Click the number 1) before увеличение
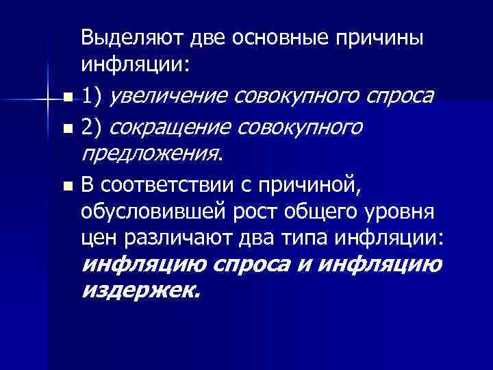pyautogui.click(x=92, y=97)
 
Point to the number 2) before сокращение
pyautogui.click(x=92, y=127)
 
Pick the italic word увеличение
pyautogui.click(x=170, y=97)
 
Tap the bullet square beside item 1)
pyautogui.click(x=64, y=99)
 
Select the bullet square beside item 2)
pyautogui.click(x=64, y=129)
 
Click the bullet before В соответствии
pyautogui.click(x=64, y=186)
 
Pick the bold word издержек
pyautogui.click(x=141, y=291)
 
